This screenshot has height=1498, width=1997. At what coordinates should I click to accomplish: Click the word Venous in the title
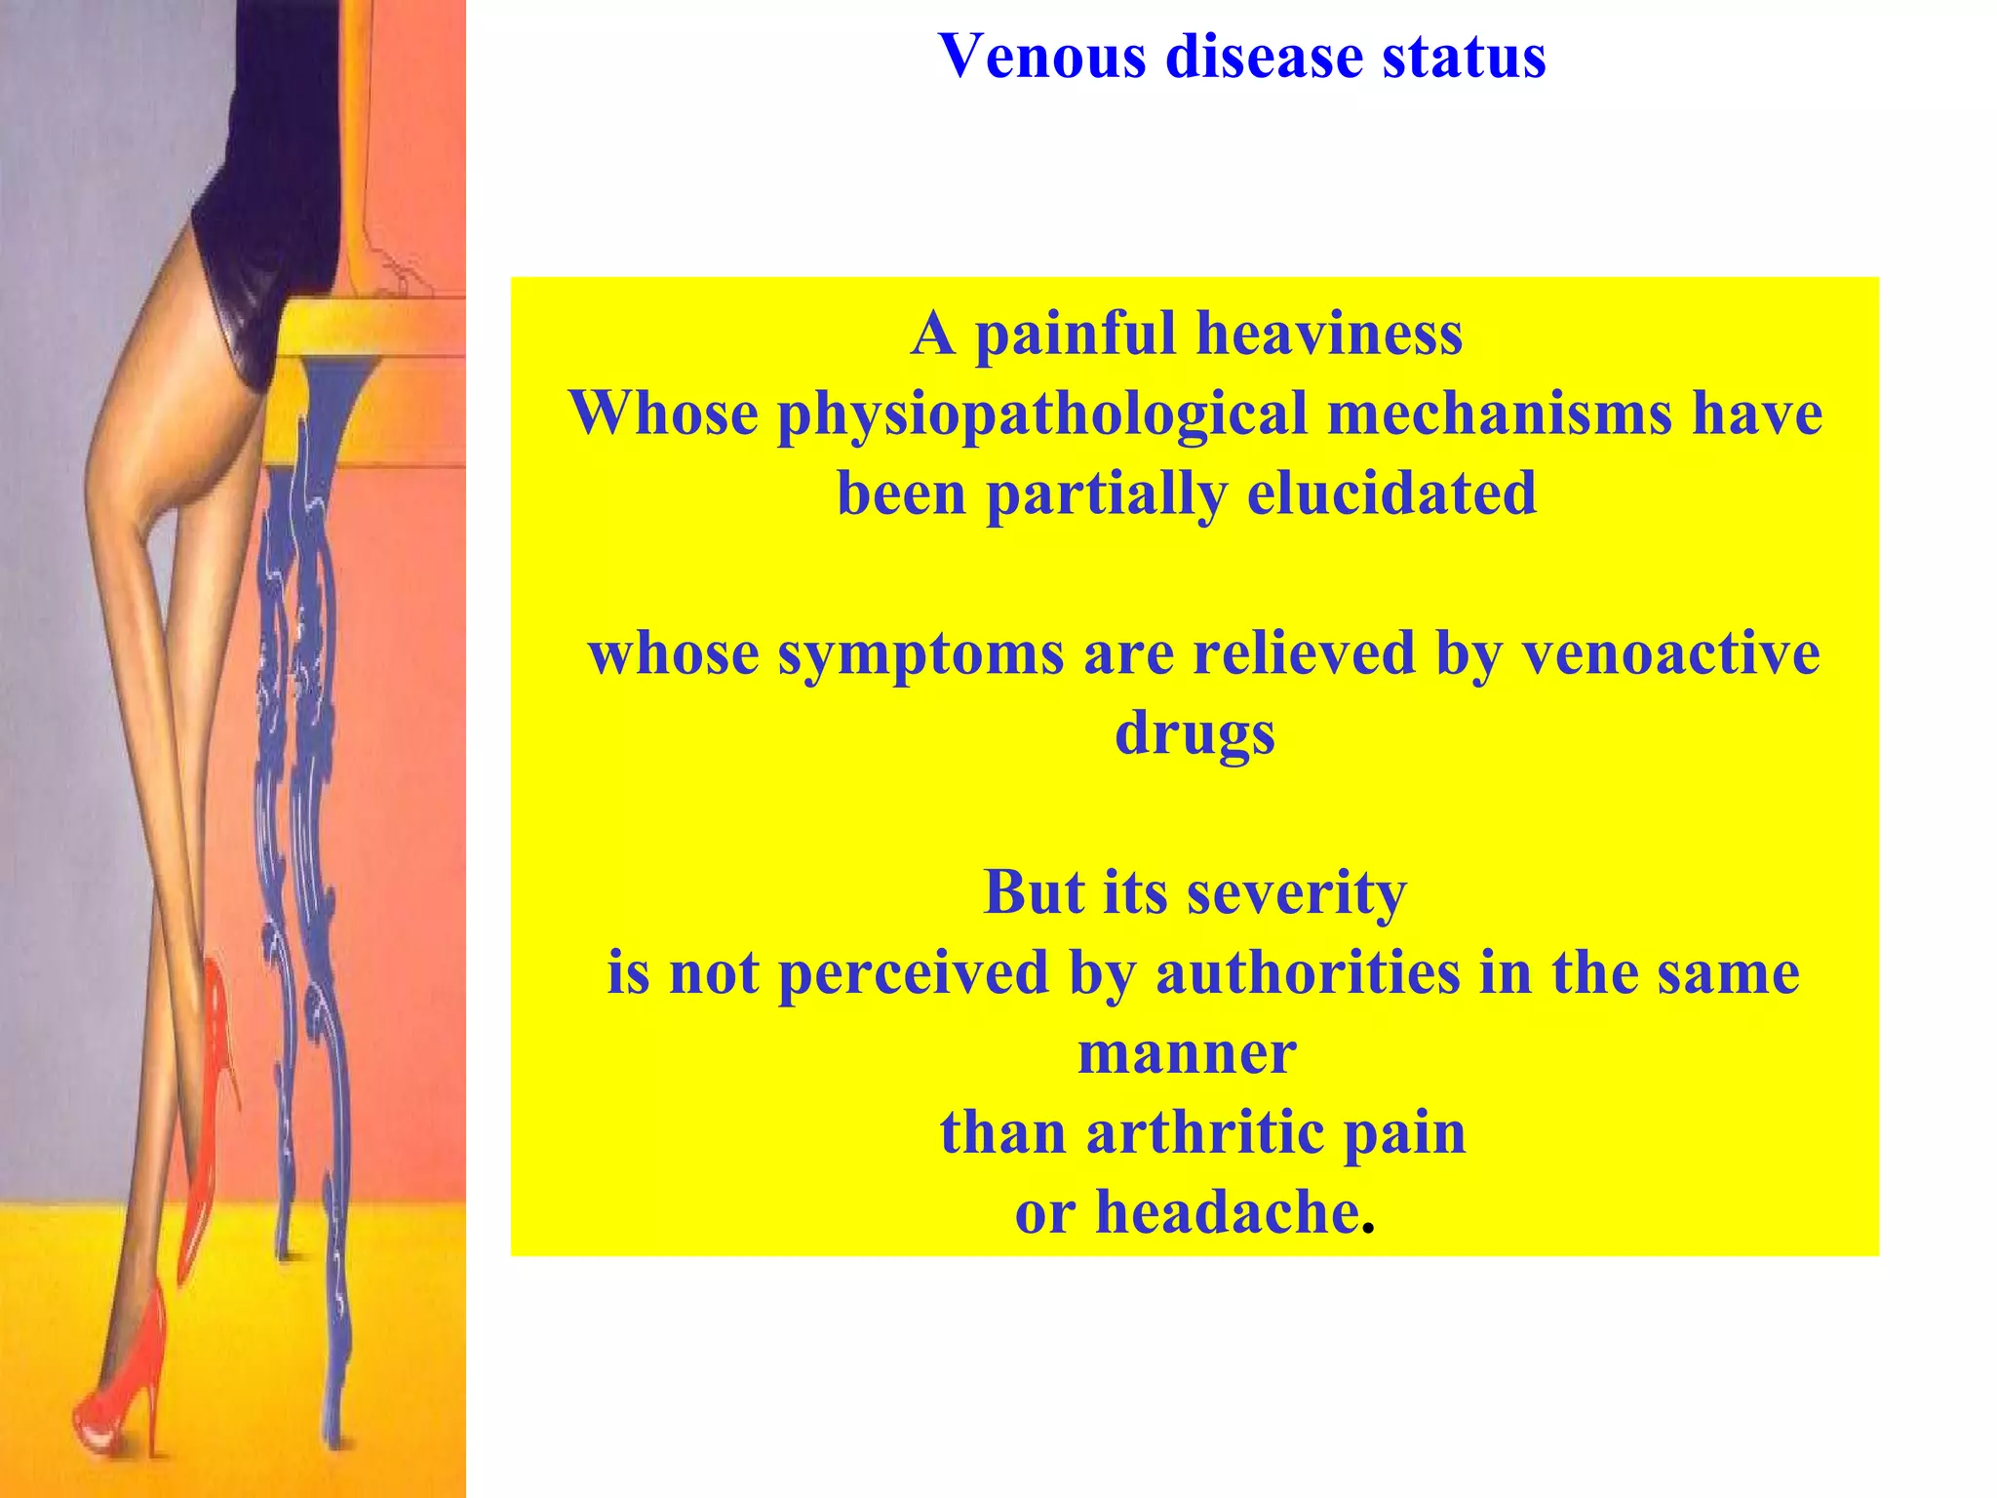click(x=1042, y=56)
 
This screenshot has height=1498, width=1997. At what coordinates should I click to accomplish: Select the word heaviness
click(x=1329, y=335)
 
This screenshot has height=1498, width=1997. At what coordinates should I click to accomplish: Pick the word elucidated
click(x=1391, y=493)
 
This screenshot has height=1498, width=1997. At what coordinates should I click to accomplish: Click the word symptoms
click(x=920, y=653)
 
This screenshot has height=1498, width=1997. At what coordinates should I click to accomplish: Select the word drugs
click(x=1194, y=733)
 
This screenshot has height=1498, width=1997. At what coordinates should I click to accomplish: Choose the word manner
click(x=1187, y=1053)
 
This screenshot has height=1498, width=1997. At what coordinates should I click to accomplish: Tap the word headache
click(x=1228, y=1212)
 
